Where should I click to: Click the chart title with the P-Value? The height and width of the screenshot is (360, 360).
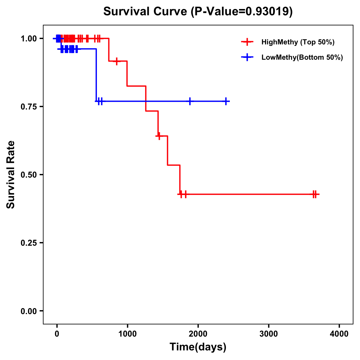click(198, 11)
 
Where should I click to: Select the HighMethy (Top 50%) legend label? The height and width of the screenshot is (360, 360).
click(298, 42)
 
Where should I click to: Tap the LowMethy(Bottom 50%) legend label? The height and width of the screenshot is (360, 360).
click(302, 57)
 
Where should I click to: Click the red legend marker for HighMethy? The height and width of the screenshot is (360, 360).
click(247, 42)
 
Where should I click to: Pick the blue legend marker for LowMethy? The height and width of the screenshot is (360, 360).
click(247, 57)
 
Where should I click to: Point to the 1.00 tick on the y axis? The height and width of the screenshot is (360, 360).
click(28, 38)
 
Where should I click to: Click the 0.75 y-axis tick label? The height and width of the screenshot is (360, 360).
click(28, 106)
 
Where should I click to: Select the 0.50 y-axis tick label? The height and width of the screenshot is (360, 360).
click(28, 175)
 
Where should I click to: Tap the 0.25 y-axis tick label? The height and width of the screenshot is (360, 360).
click(28, 243)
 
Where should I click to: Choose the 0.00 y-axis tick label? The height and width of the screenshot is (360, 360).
click(28, 311)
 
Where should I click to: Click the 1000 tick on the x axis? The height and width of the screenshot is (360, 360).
click(127, 334)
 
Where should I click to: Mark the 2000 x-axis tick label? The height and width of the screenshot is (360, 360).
click(198, 334)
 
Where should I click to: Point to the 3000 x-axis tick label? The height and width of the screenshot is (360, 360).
click(268, 334)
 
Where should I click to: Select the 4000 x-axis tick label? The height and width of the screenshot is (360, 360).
click(339, 334)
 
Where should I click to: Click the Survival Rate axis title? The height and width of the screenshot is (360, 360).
click(11, 175)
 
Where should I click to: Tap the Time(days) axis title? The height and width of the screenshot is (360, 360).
click(198, 347)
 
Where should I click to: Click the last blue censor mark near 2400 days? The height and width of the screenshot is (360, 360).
click(226, 101)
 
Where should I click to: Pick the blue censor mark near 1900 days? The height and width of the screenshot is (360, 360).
click(190, 101)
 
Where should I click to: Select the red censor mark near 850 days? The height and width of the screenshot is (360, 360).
click(117, 61)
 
